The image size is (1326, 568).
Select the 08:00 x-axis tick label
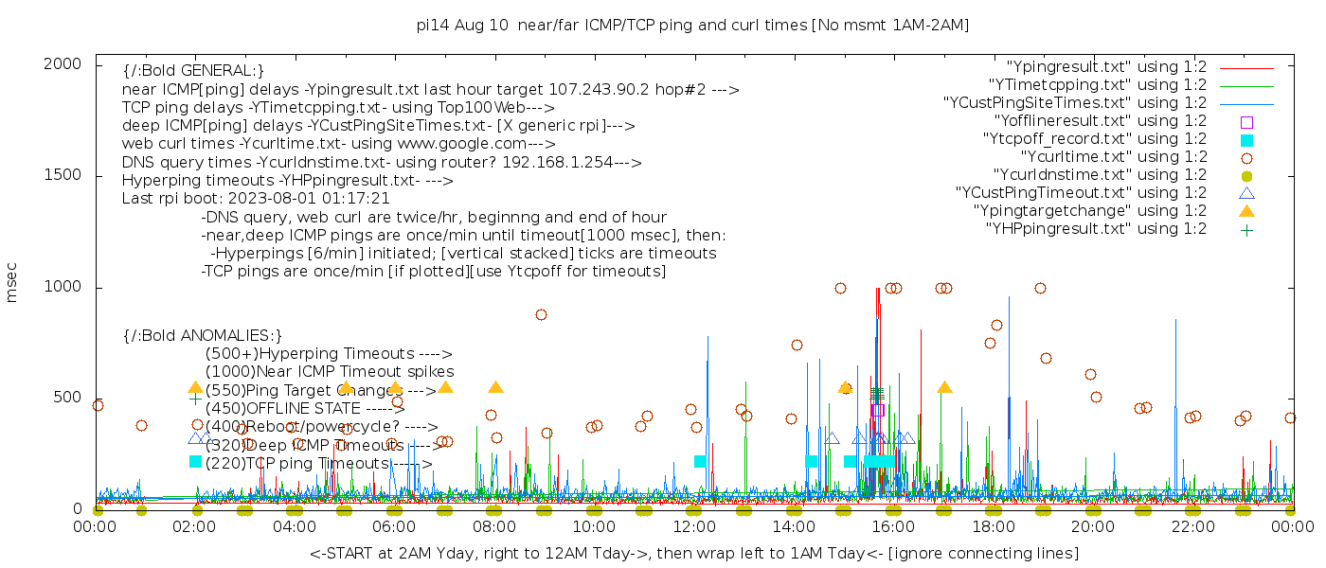click(493, 527)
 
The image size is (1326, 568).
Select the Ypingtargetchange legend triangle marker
click(1246, 210)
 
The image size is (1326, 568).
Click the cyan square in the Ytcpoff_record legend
click(1246, 140)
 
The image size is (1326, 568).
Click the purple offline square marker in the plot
click(877, 410)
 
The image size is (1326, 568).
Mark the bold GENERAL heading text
click(193, 71)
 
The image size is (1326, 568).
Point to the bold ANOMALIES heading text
click(203, 335)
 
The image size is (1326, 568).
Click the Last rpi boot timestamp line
click(256, 199)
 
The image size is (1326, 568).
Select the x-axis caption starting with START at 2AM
click(693, 553)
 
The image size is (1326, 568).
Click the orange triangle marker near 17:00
click(944, 387)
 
